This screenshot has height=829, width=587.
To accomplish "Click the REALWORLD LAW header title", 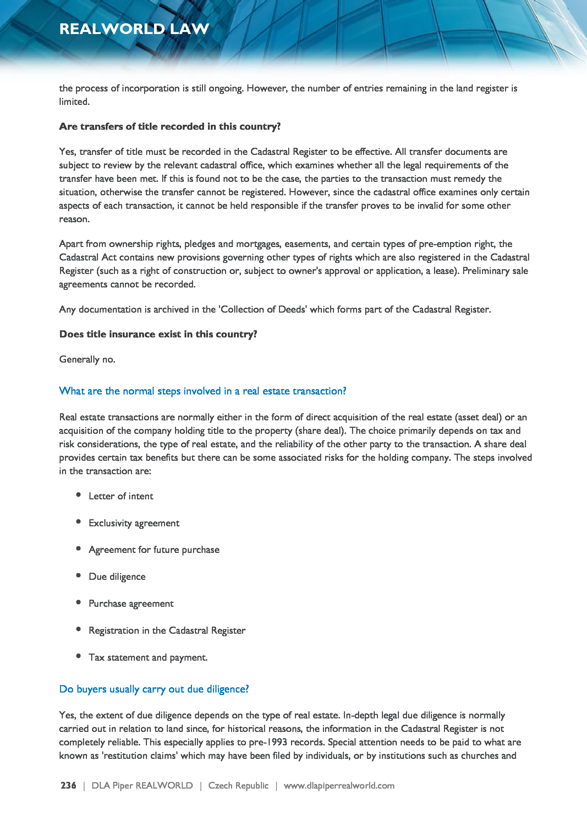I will point(134,29).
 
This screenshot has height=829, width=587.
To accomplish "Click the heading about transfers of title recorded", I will point(170,127).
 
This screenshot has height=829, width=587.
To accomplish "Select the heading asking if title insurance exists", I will point(158,334).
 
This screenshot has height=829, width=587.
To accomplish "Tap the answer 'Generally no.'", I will point(87,359).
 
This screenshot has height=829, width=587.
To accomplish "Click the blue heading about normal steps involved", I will point(202,391).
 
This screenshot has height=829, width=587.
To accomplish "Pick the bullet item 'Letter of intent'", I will point(121,496).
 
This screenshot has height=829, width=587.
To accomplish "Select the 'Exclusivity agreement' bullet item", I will point(134,523).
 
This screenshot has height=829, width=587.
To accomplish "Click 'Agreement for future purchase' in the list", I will point(154,550).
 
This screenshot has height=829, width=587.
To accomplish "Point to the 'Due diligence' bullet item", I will point(117,577).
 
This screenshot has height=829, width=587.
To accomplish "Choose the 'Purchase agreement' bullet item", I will point(131,603).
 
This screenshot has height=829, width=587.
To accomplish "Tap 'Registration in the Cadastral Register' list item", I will point(167,631).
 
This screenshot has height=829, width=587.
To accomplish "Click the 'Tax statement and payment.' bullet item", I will point(148,657).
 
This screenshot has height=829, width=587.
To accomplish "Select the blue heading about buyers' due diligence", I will point(154,689).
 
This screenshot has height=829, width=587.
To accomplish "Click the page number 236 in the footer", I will point(68,785).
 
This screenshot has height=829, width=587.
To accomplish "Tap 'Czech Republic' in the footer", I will point(238,785).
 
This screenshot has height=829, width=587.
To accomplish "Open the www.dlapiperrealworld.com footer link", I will point(339,785).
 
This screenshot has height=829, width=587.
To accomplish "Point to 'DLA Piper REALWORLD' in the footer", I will point(142,785).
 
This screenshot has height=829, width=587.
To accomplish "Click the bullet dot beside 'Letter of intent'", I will point(78,495).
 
